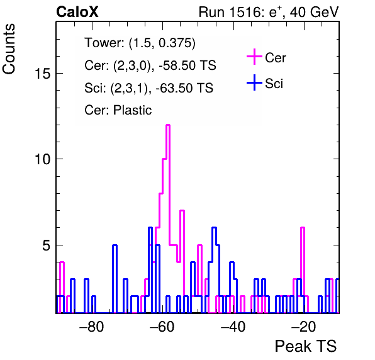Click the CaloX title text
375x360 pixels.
click(77, 12)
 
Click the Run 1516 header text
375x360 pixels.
click(269, 12)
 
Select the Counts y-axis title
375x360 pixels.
click(9, 49)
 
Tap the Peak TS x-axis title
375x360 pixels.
click(305, 346)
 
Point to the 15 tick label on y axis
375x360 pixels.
click(43, 74)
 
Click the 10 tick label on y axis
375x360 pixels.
click(43, 159)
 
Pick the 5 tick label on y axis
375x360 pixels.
click(47, 245)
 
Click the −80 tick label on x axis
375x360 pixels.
click(92, 326)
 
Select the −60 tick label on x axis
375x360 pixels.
click(162, 326)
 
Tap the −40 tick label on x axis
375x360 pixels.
click(233, 326)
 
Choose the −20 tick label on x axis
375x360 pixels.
click(304, 326)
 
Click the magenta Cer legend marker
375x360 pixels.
click(254, 57)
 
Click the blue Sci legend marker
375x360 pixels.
click(254, 82)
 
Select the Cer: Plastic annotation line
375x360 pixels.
click(118, 110)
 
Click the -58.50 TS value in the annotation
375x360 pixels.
click(187, 65)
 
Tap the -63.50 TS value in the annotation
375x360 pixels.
click(184, 87)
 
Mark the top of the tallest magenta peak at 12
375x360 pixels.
click(168, 125)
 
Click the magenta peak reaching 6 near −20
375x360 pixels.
click(303, 228)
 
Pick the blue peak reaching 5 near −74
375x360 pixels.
click(115, 245)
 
